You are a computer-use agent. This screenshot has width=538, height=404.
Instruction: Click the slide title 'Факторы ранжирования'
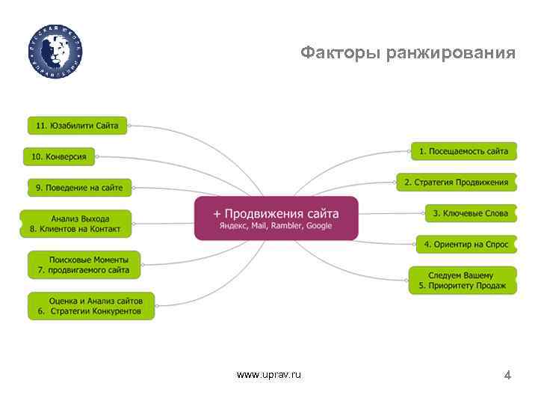pyautogui.click(x=407, y=53)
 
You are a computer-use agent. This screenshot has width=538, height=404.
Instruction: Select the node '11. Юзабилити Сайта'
pyautogui.click(x=78, y=126)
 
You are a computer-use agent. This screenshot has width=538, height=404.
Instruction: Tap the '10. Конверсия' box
pyautogui.click(x=59, y=157)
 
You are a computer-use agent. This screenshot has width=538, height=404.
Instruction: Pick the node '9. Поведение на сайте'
pyautogui.click(x=79, y=187)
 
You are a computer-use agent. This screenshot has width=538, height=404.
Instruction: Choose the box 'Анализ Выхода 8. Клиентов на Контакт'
pyautogui.click(x=75, y=223)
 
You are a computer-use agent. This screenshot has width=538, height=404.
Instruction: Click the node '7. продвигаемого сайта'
pyautogui.click(x=84, y=265)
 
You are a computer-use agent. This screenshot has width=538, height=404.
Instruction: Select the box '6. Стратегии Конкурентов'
pyautogui.click(x=90, y=305)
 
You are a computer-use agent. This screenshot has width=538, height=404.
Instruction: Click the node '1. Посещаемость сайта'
pyautogui.click(x=463, y=151)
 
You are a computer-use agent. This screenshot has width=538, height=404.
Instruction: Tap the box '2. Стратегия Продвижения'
pyautogui.click(x=456, y=182)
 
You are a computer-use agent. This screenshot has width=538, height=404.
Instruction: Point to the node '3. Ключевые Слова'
pyautogui.click(x=470, y=213)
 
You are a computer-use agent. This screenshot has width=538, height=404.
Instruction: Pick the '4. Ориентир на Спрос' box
pyautogui.click(x=466, y=244)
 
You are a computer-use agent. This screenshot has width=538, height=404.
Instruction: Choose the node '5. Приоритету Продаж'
pyautogui.click(x=462, y=281)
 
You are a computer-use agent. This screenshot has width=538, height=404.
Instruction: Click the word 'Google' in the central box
pyautogui.click(x=319, y=226)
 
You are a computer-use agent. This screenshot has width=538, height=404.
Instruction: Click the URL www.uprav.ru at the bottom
pyautogui.click(x=268, y=374)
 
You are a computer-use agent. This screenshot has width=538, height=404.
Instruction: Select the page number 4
pyautogui.click(x=507, y=375)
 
